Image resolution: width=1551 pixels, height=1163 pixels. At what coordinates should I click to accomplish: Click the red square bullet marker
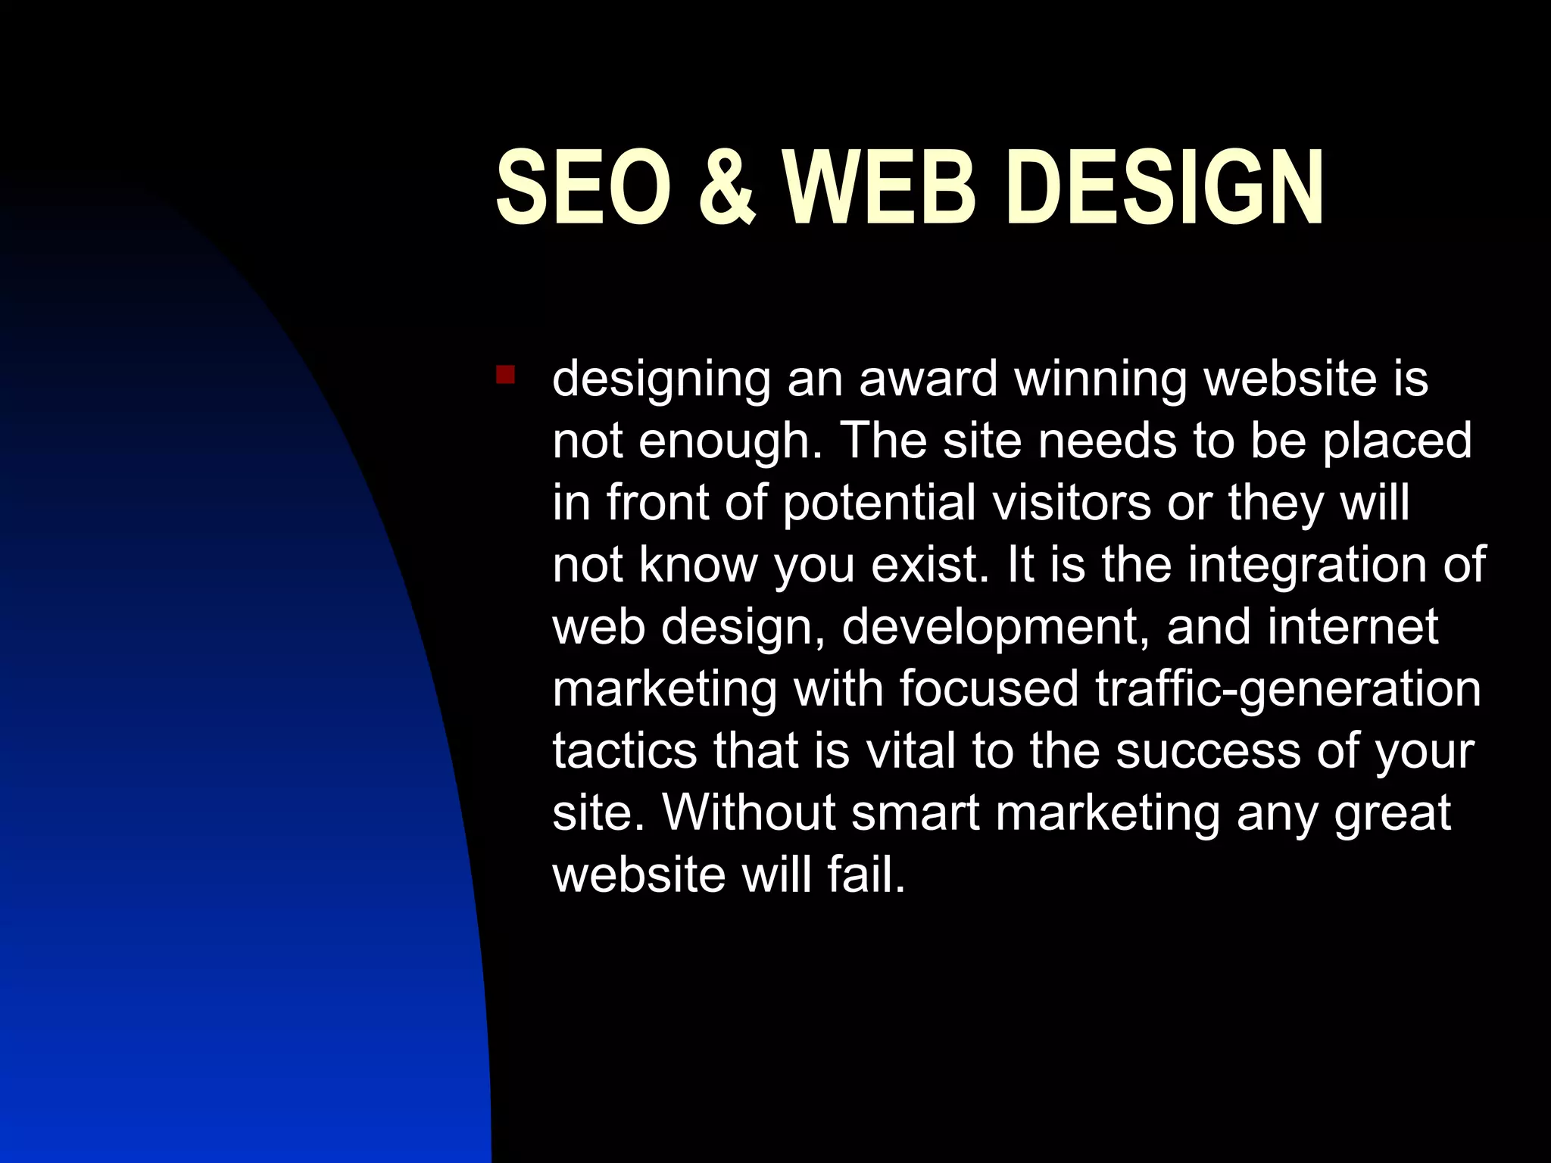click(x=505, y=375)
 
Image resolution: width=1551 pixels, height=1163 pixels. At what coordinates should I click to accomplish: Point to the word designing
click(x=660, y=380)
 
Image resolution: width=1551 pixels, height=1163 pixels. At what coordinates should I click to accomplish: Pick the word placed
click(x=1397, y=441)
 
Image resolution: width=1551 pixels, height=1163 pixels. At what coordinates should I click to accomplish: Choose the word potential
click(x=879, y=504)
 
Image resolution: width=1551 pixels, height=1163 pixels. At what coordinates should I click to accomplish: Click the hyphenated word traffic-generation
click(x=1287, y=690)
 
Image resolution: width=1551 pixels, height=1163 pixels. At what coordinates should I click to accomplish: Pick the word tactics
click(x=625, y=751)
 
